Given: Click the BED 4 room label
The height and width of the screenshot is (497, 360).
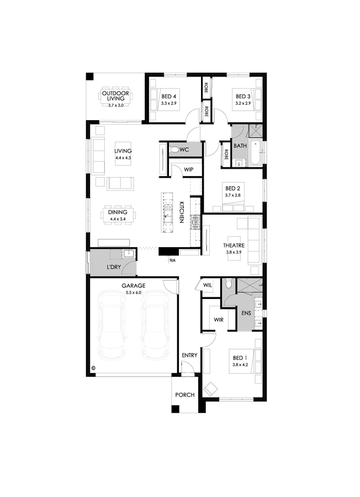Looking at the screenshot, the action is [x=168, y=97].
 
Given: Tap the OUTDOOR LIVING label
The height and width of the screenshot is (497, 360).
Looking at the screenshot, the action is [x=115, y=96].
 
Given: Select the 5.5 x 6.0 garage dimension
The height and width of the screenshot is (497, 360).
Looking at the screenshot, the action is [x=134, y=292].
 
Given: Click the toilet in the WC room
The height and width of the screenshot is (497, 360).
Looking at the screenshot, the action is [x=174, y=149].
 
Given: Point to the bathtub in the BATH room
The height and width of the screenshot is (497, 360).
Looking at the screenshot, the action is [x=256, y=152].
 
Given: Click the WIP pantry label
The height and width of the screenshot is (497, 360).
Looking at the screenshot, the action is [x=188, y=169].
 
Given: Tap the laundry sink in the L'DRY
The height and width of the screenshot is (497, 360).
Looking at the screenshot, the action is [x=129, y=254].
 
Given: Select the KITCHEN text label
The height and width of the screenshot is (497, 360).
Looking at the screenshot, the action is [x=182, y=212].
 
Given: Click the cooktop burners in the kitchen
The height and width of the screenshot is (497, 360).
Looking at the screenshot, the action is [x=195, y=222].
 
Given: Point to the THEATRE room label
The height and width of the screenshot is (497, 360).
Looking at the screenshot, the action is [x=234, y=245].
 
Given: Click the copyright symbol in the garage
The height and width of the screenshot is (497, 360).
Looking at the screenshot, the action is [x=93, y=368].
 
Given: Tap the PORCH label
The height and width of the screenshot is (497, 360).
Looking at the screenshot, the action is [x=185, y=395].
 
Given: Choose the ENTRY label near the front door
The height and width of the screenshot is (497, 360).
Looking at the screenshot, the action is [x=189, y=355].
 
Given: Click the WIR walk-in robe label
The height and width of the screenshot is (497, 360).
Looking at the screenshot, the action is [x=219, y=320].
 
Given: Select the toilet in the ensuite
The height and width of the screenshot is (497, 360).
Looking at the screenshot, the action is [x=227, y=284].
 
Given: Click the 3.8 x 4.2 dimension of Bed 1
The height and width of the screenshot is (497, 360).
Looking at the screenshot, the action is [x=240, y=365].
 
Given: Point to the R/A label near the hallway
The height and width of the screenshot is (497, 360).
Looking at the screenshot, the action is [x=173, y=260].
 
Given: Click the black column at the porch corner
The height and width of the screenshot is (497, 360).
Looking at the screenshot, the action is [x=176, y=409].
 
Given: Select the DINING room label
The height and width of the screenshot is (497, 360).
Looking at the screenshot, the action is [x=118, y=212].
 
